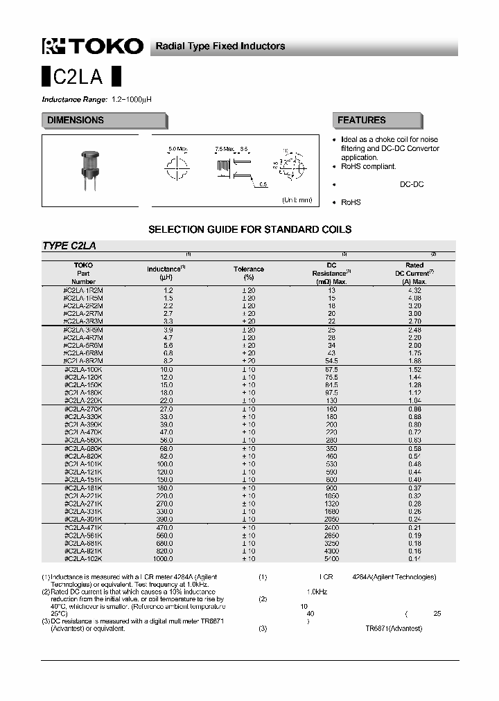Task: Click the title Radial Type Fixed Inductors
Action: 220,46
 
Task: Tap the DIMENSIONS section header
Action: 76,121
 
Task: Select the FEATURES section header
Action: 361,121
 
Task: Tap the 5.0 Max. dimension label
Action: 178,149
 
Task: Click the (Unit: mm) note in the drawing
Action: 297,199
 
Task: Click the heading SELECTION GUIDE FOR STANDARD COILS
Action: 249,229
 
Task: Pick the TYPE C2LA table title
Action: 69,246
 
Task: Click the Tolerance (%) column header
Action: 248,273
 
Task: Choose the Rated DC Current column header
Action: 414,273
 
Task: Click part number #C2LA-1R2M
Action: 83,290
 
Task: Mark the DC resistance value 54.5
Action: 331,361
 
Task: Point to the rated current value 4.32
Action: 414,290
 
